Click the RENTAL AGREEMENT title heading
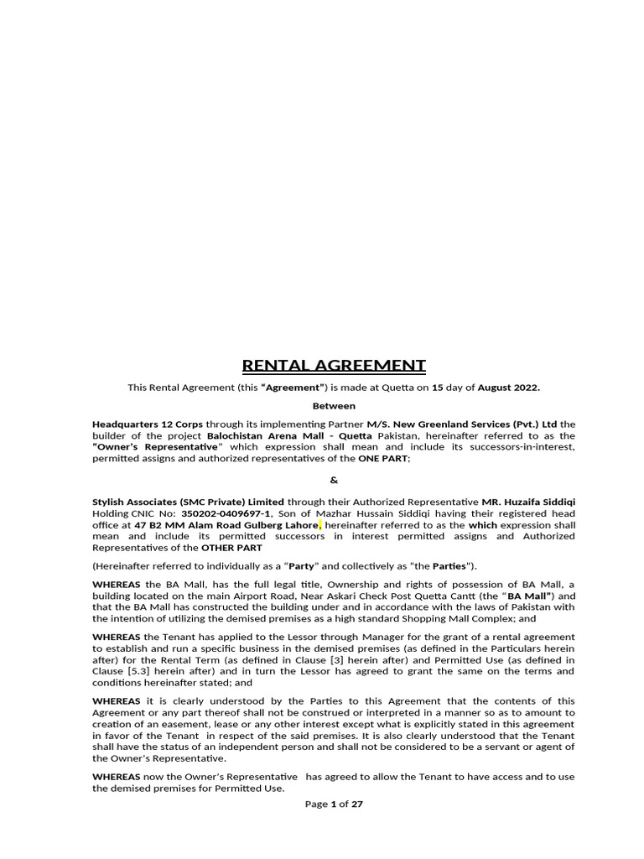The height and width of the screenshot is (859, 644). point(334,365)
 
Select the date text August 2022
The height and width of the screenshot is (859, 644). point(509,388)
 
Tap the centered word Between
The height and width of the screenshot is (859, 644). point(334,405)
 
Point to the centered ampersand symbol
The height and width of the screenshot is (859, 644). point(334,481)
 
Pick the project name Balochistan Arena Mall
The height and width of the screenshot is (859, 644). point(268,435)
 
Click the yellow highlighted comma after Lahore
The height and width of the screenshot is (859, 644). point(320,526)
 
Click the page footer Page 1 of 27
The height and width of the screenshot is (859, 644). point(334,803)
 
